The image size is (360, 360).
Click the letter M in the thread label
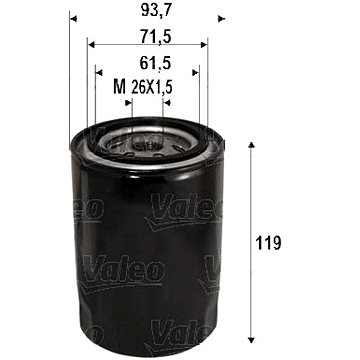[x=121, y=88]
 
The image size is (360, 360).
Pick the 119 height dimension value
[x=268, y=243]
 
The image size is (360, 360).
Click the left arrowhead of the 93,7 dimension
[x=74, y=21]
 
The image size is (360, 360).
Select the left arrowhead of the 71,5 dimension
[x=91, y=46]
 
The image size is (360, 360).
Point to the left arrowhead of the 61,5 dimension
[x=99, y=71]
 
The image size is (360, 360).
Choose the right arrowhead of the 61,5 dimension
[x=194, y=71]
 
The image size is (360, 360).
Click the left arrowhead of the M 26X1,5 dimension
[x=111, y=97]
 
